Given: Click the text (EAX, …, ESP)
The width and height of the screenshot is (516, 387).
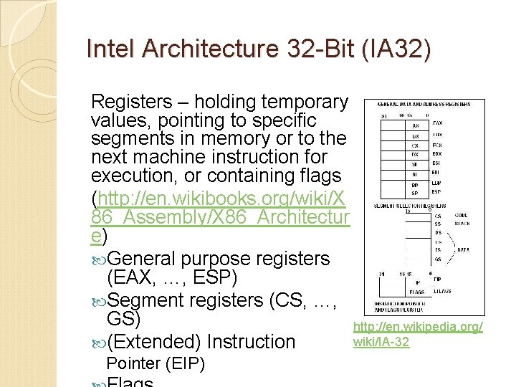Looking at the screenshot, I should pyautogui.click(x=181, y=278).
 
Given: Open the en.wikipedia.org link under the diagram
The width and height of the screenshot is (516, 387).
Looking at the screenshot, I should pyautogui.click(x=417, y=334).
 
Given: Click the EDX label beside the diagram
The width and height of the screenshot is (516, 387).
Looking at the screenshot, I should pyautogui.click(x=437, y=153).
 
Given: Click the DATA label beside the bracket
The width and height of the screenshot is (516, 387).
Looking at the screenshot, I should pyautogui.click(x=463, y=251).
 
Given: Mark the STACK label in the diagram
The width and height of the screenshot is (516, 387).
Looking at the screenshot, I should pyautogui.click(x=463, y=224).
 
